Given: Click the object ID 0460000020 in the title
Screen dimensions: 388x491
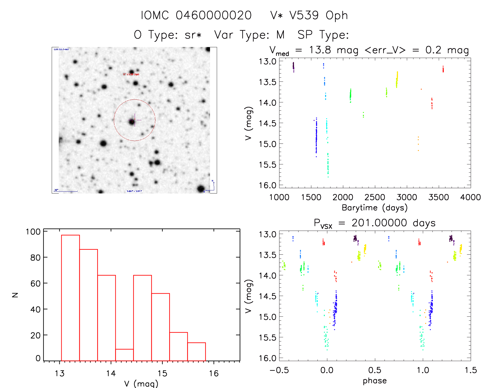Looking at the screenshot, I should (214, 15).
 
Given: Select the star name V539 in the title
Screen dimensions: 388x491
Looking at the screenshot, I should (304, 15).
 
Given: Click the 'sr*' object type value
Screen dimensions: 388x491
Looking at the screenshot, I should (193, 35).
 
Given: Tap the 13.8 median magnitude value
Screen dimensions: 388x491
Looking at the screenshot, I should (320, 50).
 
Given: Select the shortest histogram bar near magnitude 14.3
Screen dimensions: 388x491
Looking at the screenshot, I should (125, 355).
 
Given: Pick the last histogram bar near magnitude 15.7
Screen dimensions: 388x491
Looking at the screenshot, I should (197, 352).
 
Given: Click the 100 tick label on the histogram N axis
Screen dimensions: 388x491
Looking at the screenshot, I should (33, 231).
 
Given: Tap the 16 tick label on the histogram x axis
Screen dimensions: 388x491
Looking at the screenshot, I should (214, 373).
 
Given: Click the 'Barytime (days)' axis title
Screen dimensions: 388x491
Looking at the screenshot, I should (375, 208).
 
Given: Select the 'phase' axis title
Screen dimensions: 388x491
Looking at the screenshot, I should (375, 381).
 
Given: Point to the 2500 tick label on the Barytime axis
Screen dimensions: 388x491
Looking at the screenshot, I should (375, 197).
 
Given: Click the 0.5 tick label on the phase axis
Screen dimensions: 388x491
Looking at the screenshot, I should (375, 370).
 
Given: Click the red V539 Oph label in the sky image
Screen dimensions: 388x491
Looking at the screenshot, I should (131, 74).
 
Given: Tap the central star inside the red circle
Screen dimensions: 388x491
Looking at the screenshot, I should (132, 122).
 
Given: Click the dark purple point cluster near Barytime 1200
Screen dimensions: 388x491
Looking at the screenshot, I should (293, 67).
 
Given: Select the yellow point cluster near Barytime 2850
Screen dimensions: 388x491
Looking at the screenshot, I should (397, 79).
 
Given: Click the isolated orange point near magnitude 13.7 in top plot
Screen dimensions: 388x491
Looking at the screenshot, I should (421, 89).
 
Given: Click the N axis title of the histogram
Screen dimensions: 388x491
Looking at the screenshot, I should (15, 295).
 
